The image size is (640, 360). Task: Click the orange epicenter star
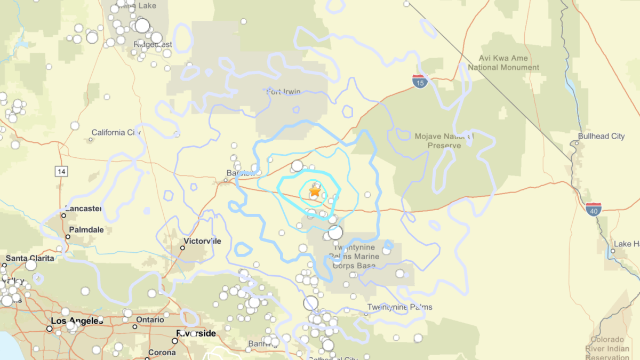[315, 190]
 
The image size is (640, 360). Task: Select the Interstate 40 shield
[593, 209]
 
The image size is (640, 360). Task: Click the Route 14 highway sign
[60, 171]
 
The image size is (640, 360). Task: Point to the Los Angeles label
[77, 321]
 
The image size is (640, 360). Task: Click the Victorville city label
[202, 241]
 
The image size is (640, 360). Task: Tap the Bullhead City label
[601, 137]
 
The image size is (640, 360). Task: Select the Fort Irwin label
[283, 92]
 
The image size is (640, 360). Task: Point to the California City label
[116, 132]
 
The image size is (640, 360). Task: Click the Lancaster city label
[83, 209]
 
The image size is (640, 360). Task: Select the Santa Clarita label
[30, 258]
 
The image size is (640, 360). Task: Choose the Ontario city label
[150, 319]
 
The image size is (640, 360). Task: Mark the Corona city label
[162, 353]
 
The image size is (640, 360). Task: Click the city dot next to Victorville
[182, 248]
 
